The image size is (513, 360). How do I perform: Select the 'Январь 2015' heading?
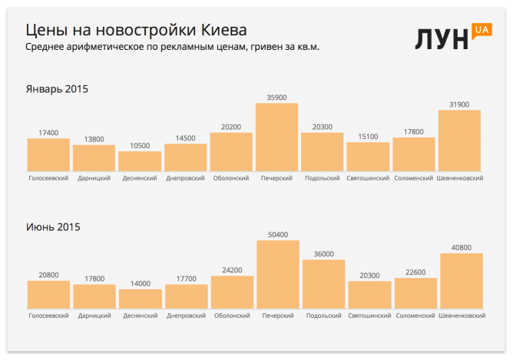point(58,89)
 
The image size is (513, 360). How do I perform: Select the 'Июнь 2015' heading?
point(53,226)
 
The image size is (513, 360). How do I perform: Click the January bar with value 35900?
point(276,137)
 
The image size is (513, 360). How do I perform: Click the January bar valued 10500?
point(140,161)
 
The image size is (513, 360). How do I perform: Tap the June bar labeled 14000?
point(141,299)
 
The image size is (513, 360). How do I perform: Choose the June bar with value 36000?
point(323,284)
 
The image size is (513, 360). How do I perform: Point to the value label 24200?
point(232,270)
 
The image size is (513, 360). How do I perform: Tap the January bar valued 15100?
point(368,157)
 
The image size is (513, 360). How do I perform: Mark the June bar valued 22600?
point(415,292)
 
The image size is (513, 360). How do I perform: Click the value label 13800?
point(94,139)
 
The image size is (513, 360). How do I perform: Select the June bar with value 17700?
point(186,296)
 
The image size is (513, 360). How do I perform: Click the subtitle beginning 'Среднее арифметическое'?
point(173,48)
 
